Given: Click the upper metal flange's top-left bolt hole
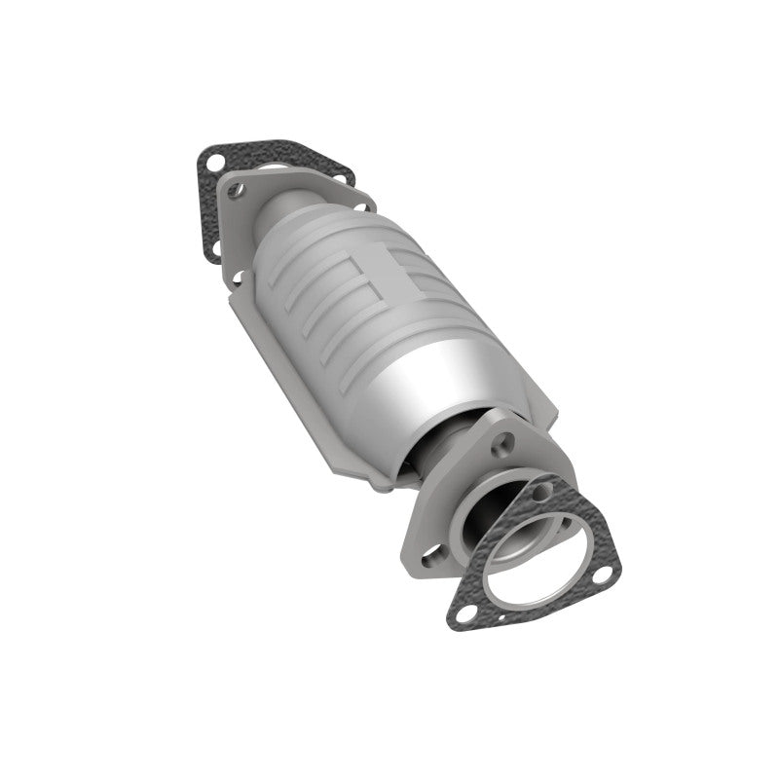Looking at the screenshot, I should [x=234, y=192].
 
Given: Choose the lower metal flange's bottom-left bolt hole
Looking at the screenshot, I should [x=427, y=558].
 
